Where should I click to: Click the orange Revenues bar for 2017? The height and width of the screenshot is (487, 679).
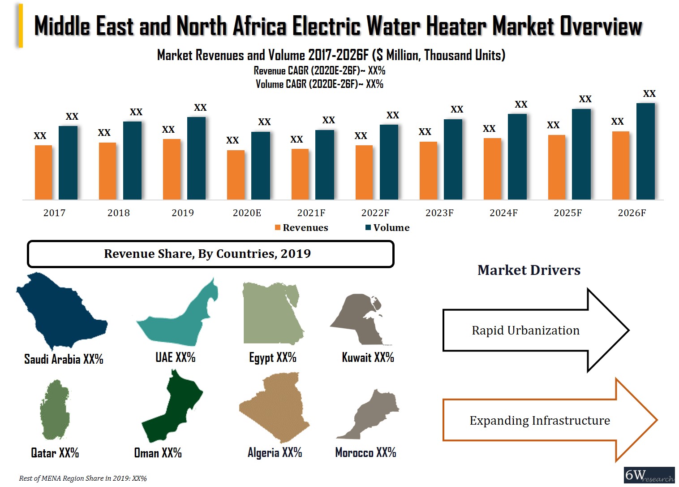(43, 172)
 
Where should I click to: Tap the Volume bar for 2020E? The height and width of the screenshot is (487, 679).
(260, 165)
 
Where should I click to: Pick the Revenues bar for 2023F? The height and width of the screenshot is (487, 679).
(428, 170)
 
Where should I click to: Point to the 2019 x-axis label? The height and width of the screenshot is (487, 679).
(183, 213)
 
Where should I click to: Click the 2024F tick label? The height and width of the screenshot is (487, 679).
(503, 213)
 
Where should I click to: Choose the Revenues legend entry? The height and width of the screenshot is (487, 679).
(301, 228)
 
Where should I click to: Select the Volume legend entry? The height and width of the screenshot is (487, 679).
(387, 228)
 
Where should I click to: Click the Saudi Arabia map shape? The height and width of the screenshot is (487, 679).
(58, 309)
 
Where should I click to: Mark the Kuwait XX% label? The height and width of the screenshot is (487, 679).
(368, 357)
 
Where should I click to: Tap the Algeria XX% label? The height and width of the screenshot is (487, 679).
(275, 452)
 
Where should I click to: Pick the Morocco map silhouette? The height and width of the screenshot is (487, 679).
(370, 415)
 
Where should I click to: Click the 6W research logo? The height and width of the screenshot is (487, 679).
(649, 475)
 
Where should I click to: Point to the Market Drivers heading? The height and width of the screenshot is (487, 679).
(529, 270)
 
